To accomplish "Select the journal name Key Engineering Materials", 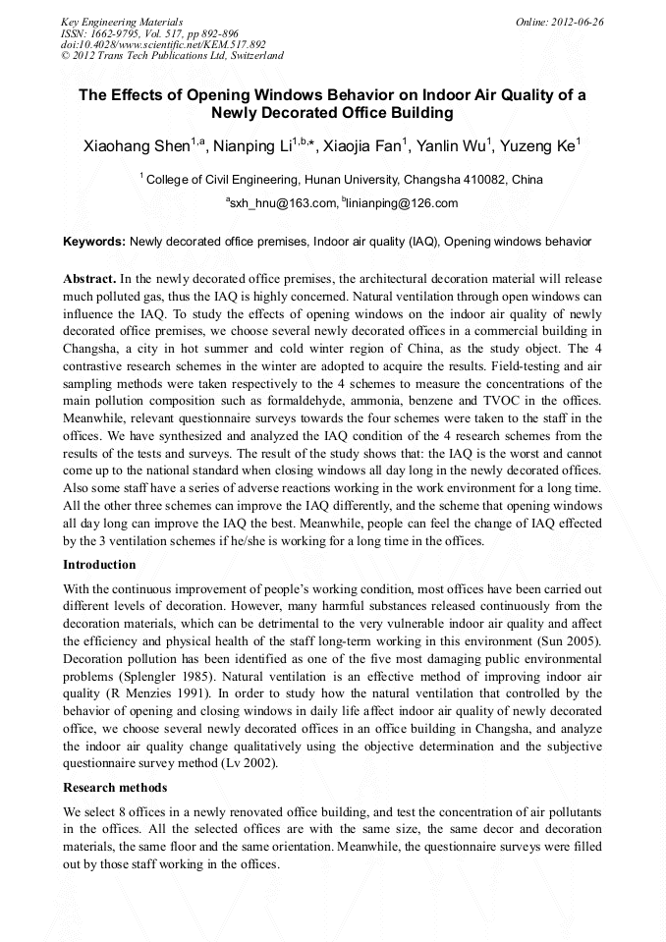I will (122, 21).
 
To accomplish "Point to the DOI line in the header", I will (163, 44).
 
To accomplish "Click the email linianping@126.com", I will (403, 203).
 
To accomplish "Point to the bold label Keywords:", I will (94, 241).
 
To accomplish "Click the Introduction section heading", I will (99, 565).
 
